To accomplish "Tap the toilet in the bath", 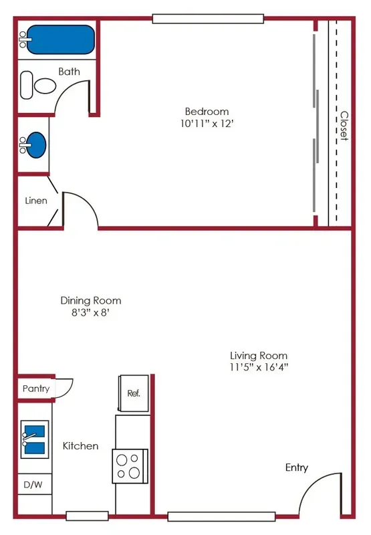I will point(39,85).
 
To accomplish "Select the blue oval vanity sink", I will point(34,144).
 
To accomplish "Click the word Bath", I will point(69,72).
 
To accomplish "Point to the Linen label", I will point(36,201).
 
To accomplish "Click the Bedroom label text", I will point(207,112).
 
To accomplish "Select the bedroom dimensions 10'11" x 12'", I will point(207,124).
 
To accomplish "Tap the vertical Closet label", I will point(344,125).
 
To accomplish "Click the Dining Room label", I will point(91,301).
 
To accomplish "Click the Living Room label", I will point(259,356).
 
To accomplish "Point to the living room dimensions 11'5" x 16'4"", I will point(259,367).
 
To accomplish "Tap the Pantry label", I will point(36,389).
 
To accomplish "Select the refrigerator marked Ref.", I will point(133,394).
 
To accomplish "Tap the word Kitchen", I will point(81,446).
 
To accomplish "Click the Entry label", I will point(297,467).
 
